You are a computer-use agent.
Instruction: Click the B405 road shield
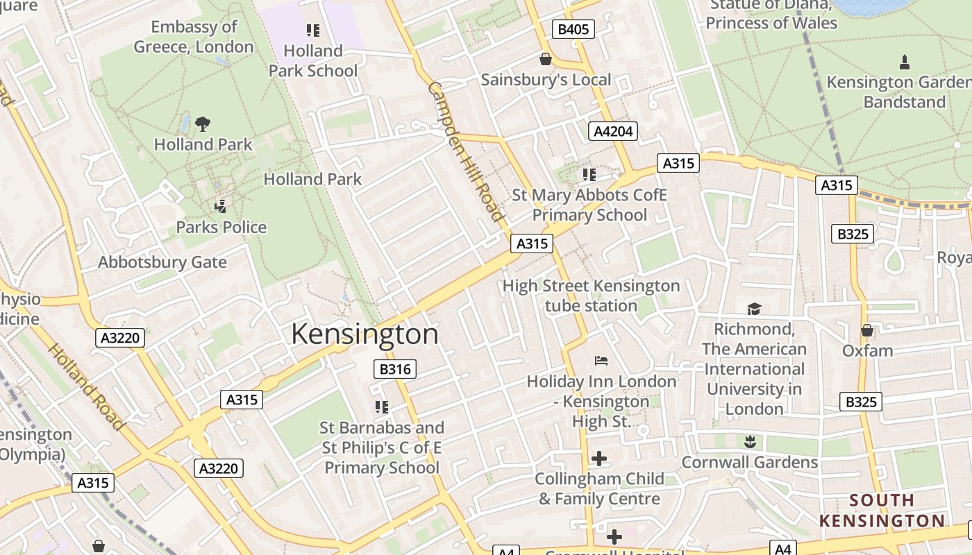[x=573, y=29]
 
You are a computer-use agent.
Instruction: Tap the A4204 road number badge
[x=612, y=131]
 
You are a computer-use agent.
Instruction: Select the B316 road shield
[x=395, y=369]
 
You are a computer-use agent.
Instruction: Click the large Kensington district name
[x=364, y=334]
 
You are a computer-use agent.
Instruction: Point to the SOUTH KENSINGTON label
[x=882, y=511]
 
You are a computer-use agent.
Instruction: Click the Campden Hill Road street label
[x=464, y=151]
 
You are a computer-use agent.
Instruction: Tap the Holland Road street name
[x=86, y=386]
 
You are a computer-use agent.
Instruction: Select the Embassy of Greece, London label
[x=194, y=37]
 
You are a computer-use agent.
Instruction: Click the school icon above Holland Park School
[x=313, y=31]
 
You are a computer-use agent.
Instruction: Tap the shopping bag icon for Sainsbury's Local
[x=546, y=59]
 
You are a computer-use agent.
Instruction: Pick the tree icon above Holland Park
[x=203, y=124]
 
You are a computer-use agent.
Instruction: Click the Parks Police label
[x=221, y=227]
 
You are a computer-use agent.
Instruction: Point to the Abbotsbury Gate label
[x=162, y=262]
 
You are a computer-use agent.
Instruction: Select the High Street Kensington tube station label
[x=591, y=296]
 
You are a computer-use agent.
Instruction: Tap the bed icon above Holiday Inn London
[x=601, y=361]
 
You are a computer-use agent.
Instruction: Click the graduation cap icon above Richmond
[x=754, y=309]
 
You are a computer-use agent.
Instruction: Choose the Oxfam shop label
[x=867, y=350]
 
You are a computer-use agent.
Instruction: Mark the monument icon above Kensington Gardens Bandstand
[x=904, y=62]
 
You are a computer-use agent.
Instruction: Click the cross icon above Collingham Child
[x=599, y=459]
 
